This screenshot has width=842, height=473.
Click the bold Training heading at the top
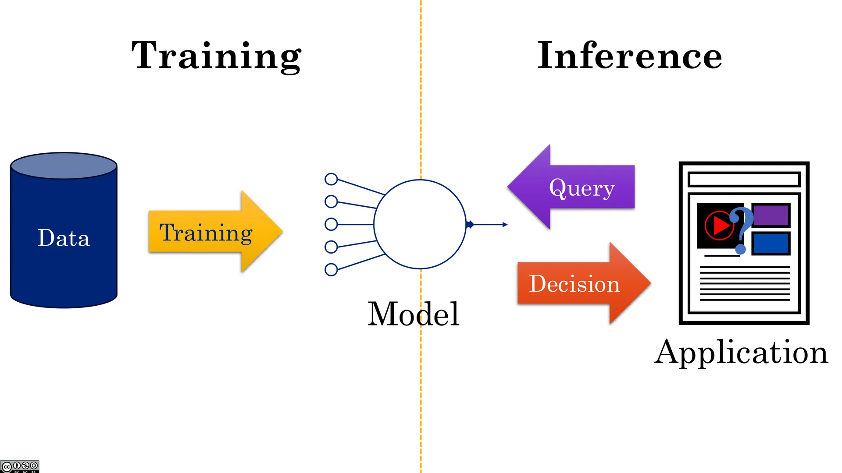(216, 56)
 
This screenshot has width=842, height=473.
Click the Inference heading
(630, 55)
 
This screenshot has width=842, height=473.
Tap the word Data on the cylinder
(64, 238)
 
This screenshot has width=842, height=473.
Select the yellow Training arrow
(215, 232)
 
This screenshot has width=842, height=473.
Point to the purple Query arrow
(571, 187)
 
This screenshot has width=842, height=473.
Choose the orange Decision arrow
(584, 283)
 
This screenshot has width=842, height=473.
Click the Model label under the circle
(413, 314)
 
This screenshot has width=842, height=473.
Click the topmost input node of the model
(331, 179)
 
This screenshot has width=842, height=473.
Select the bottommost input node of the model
(331, 269)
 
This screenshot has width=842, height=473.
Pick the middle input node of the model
(331, 224)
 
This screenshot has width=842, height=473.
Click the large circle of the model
(374, 224)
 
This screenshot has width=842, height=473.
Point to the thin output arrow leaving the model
(487, 225)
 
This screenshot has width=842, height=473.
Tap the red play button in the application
(719, 226)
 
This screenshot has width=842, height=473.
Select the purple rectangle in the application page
(771, 215)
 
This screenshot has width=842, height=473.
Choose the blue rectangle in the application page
(771, 244)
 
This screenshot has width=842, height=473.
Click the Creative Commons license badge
(20, 466)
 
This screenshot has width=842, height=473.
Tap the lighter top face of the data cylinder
(64, 166)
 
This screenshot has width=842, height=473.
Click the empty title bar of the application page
(744, 180)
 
